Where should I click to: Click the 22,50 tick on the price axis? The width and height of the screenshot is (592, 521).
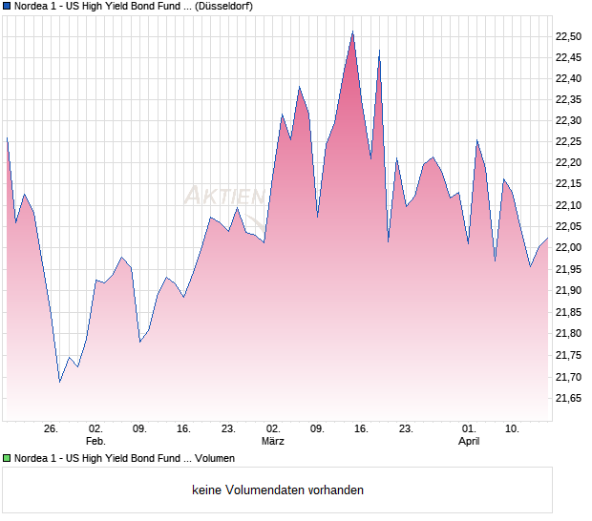[x=567, y=36]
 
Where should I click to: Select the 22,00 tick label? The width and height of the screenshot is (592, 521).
[x=567, y=248]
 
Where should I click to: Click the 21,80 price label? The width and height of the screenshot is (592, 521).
[x=567, y=333]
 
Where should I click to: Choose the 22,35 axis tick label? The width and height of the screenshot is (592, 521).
[x=567, y=100]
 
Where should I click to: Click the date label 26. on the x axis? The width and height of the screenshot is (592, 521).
[x=52, y=429]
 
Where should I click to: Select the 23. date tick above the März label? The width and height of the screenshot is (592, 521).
[x=228, y=429]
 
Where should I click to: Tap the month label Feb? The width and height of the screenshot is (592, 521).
[x=95, y=442]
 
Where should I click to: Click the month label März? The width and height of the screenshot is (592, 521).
[x=273, y=442]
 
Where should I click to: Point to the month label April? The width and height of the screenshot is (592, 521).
[x=469, y=442]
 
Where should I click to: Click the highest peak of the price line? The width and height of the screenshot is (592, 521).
[x=352, y=31]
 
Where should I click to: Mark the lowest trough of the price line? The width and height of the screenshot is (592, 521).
[x=60, y=382]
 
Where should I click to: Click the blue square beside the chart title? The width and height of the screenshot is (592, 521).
[x=7, y=6]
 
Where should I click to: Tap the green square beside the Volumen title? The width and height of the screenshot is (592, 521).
[x=7, y=459]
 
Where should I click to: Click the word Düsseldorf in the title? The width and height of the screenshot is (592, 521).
[x=222, y=6]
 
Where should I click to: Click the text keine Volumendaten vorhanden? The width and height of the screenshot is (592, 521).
[x=278, y=490]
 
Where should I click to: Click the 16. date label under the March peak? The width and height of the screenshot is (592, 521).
[x=361, y=429]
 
